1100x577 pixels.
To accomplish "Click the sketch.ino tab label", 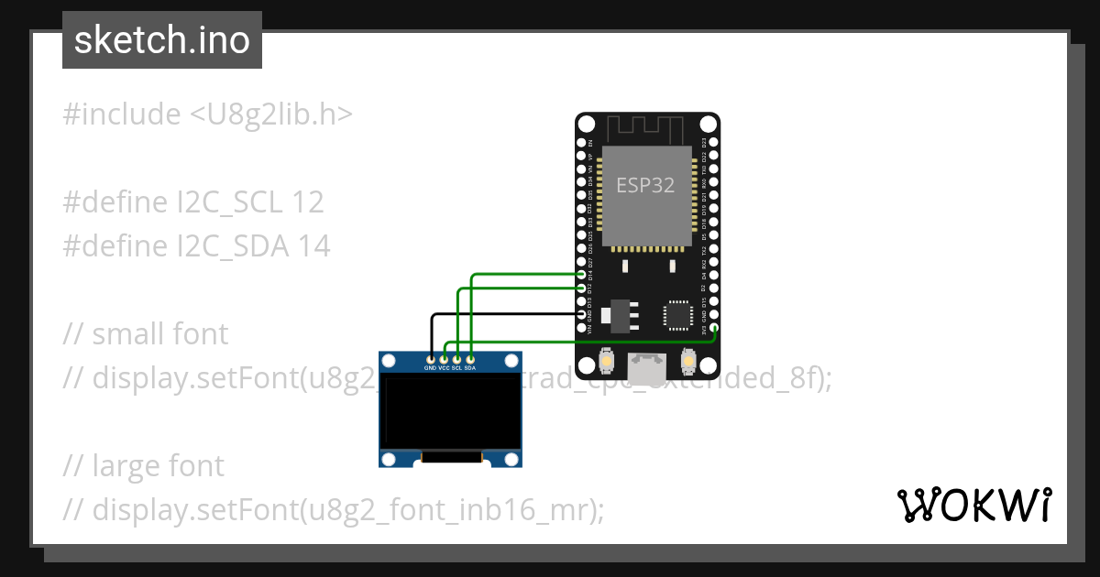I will click(x=162, y=40).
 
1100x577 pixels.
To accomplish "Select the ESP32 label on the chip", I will click(x=645, y=185).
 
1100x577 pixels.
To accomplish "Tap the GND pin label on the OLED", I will click(x=430, y=368).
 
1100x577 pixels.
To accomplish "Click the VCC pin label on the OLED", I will click(x=444, y=368).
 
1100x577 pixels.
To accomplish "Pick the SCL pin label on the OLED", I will click(x=456, y=368).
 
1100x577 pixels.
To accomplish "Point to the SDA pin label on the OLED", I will click(x=470, y=368).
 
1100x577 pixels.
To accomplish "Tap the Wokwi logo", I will click(x=974, y=505).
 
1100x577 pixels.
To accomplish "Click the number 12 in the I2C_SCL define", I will click(x=308, y=202).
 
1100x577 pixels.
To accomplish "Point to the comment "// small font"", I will click(x=146, y=334).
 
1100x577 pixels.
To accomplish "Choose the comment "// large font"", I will click(x=144, y=466).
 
